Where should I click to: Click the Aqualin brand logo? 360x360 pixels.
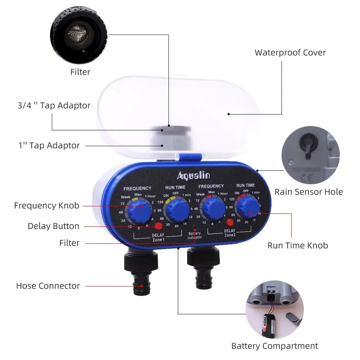(x=193, y=175)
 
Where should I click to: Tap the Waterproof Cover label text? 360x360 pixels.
(x=290, y=53)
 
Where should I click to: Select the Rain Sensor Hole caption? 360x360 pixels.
(x=309, y=192)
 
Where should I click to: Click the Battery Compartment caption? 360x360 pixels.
(x=274, y=346)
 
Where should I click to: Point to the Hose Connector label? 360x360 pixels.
(x=48, y=286)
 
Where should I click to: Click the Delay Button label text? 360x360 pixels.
(x=53, y=226)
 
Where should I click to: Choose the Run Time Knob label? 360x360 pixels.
(x=298, y=246)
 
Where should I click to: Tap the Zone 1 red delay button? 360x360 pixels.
(x=158, y=226)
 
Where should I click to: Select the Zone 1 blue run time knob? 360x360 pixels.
(x=177, y=211)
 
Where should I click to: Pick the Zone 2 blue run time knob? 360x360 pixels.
(x=248, y=208)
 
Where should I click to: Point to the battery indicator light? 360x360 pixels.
(x=195, y=228)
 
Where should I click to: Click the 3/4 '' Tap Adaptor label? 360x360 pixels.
(x=54, y=105)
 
